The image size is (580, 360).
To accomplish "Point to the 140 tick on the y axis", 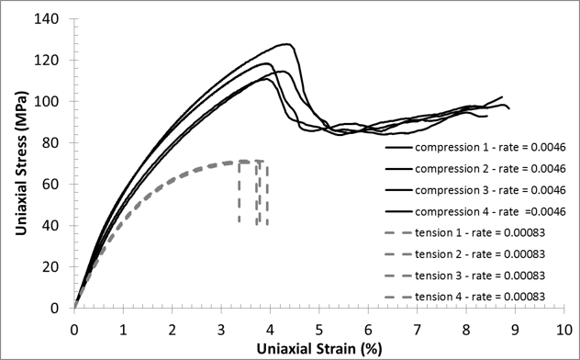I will (56, 19).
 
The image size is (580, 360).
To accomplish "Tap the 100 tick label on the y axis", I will (56, 102).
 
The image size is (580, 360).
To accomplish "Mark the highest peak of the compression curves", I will (288, 44).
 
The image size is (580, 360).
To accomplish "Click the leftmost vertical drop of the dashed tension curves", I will (240, 193).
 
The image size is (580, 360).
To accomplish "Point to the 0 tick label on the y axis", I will (63, 309).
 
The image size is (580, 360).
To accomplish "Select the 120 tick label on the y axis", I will (56, 61).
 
